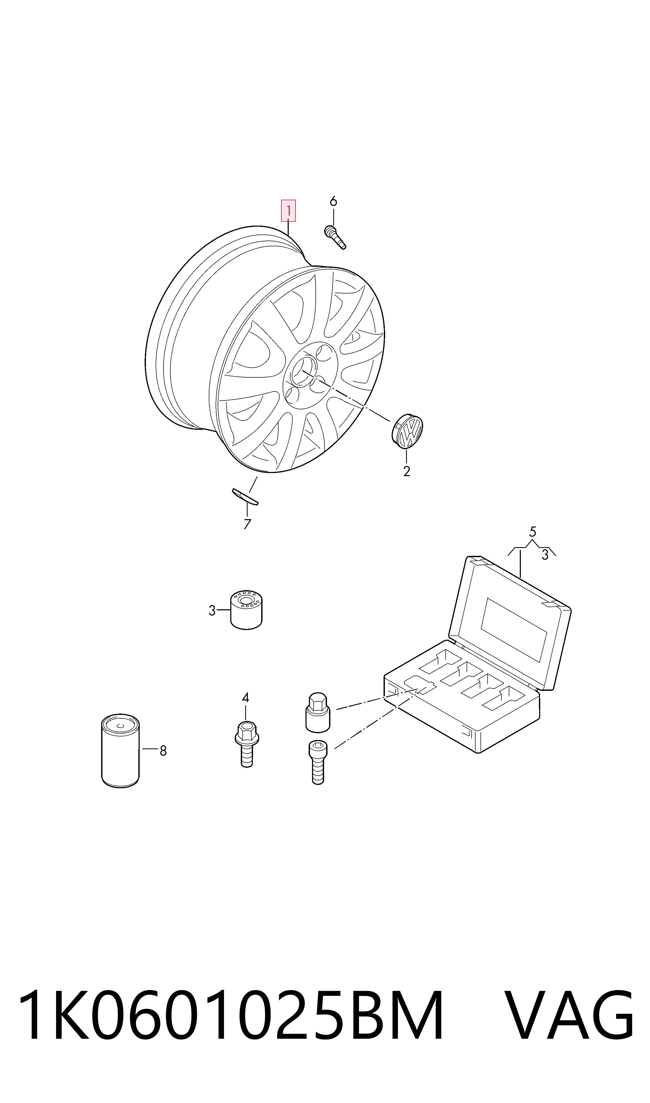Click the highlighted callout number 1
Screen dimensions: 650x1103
(288, 211)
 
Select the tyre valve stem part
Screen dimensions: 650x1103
(335, 237)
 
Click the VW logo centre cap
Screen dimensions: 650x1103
(407, 431)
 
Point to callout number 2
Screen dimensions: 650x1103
(406, 471)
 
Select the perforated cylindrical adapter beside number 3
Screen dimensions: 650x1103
(247, 610)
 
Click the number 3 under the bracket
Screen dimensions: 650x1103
(545, 555)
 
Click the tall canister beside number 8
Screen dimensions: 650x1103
(121, 751)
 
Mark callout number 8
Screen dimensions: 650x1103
(163, 751)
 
